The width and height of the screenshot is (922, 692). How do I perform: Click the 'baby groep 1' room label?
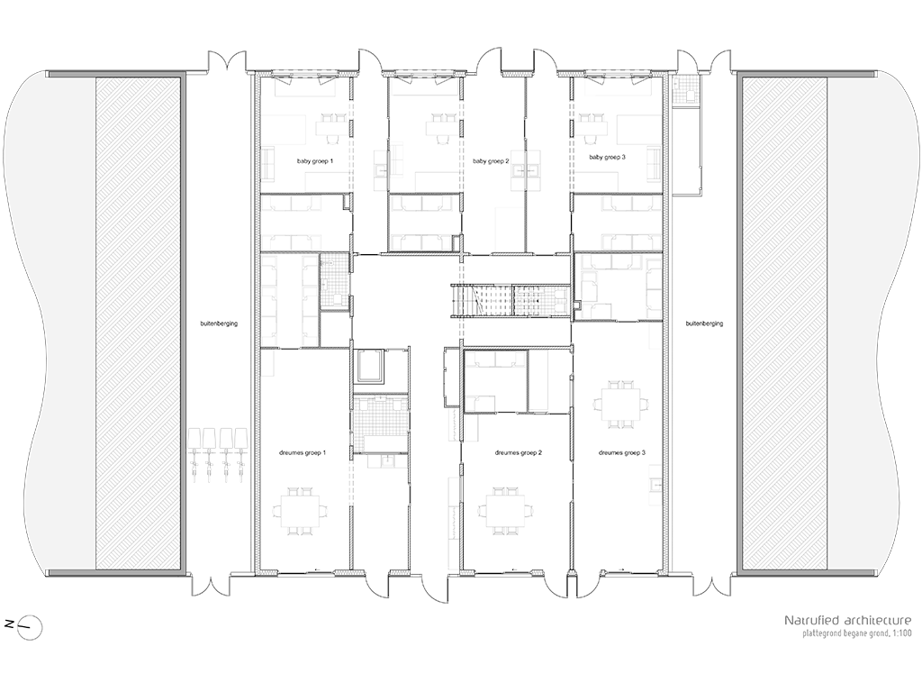315,160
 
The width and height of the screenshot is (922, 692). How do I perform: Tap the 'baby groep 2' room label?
491,160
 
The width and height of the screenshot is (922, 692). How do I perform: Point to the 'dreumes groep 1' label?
303,453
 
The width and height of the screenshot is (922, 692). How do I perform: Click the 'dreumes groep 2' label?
518,453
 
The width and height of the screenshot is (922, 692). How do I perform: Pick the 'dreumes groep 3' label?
622,453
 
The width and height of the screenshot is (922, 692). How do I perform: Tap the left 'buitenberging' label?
219,323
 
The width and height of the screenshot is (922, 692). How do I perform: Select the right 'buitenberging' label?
704,323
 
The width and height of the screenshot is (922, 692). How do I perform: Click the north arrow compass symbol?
31,627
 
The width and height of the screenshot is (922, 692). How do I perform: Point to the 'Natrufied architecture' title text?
848,620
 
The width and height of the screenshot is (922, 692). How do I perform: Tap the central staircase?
511,300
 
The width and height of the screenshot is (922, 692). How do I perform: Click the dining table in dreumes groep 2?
506,511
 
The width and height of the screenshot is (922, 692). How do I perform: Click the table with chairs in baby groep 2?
441,127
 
